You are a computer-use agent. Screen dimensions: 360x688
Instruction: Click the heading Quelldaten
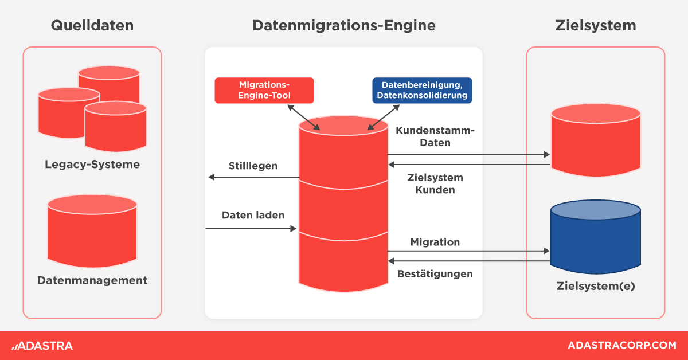(92, 26)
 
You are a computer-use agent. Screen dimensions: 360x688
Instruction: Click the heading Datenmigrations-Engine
(343, 26)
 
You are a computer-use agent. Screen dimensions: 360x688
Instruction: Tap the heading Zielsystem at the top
(596, 26)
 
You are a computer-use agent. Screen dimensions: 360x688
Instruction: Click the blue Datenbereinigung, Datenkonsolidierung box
(422, 91)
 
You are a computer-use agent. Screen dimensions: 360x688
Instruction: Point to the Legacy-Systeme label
(92, 165)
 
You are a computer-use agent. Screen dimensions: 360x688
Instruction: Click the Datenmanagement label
(92, 280)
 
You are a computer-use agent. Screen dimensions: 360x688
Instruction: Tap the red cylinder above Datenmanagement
(92, 229)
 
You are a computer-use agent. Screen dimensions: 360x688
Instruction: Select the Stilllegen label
(253, 166)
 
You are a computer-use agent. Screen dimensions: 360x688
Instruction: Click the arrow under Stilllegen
(253, 177)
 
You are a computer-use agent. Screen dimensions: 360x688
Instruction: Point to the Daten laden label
(253, 216)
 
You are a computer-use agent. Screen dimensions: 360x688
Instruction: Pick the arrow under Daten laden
(251, 229)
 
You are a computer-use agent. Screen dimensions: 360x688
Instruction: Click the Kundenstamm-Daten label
(435, 136)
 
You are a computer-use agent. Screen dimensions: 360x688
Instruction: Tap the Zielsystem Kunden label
(435, 183)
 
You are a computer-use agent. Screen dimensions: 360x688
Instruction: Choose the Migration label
(435, 242)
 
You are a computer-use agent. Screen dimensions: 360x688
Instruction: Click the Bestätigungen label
(435, 273)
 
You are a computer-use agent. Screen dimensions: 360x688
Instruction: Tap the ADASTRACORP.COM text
(621, 346)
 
